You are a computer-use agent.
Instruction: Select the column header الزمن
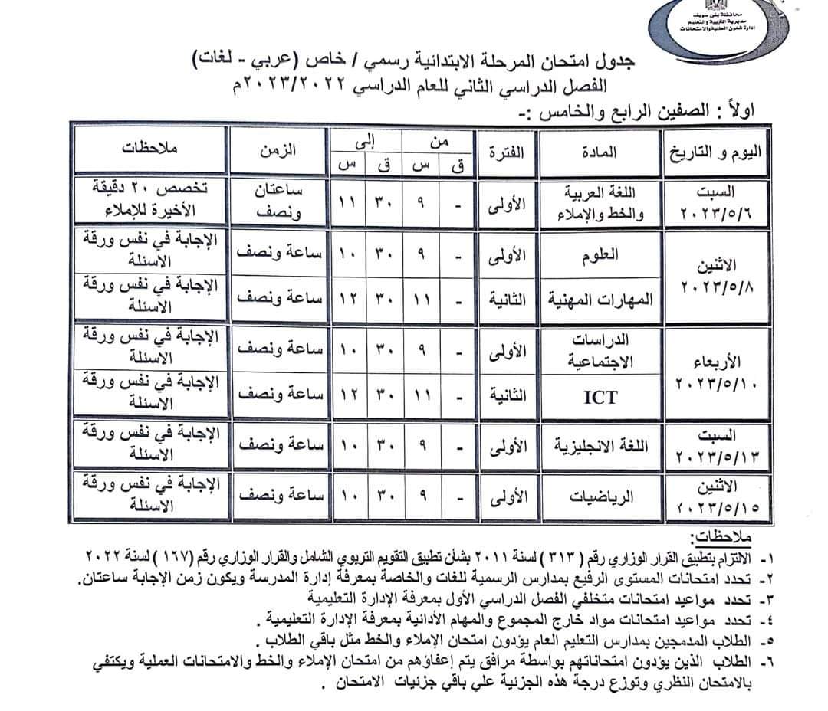(275, 151)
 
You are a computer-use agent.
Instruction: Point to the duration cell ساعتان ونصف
(275, 202)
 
